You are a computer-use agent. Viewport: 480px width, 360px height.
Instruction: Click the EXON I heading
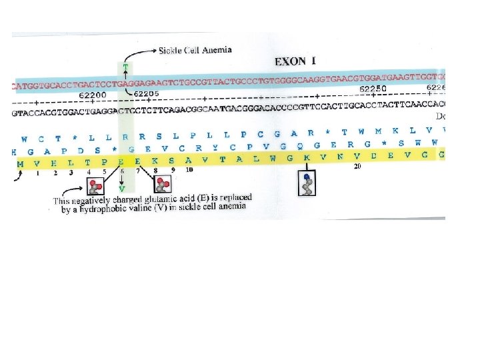click(295, 61)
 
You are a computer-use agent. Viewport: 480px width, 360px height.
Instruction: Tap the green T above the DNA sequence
click(124, 67)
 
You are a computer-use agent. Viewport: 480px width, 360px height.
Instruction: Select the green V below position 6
click(122, 189)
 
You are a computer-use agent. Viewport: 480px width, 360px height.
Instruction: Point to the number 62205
click(145, 94)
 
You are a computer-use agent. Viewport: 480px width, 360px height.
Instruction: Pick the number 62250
click(373, 89)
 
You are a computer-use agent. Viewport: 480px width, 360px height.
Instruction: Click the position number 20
click(357, 167)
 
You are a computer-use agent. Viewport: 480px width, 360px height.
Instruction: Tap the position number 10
click(189, 171)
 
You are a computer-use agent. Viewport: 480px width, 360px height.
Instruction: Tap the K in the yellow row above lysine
click(306, 159)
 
